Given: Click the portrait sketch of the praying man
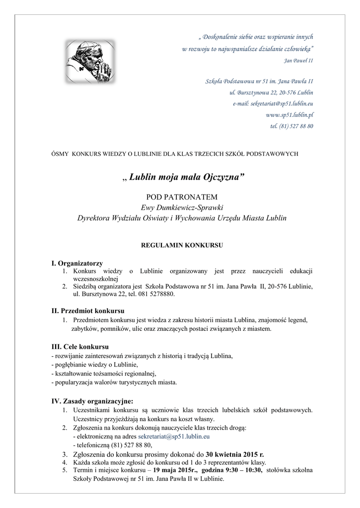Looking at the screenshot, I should click(x=89, y=62).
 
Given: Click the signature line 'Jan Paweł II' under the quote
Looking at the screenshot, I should click(x=298, y=61).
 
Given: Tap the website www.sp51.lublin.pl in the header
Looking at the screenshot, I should click(x=289, y=115).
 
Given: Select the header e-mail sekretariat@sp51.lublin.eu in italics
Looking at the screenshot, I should click(x=273, y=104).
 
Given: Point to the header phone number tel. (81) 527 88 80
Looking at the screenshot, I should click(x=291, y=126).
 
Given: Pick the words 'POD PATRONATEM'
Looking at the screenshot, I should click(x=182, y=197).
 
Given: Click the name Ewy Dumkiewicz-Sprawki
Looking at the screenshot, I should click(x=182, y=207).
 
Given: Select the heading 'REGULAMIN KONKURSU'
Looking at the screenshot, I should click(x=182, y=245).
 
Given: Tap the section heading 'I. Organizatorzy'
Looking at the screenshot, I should click(x=77, y=263).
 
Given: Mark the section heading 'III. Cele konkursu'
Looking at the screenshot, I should click(x=80, y=346).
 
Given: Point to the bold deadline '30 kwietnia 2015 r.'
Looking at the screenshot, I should click(x=235, y=453).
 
